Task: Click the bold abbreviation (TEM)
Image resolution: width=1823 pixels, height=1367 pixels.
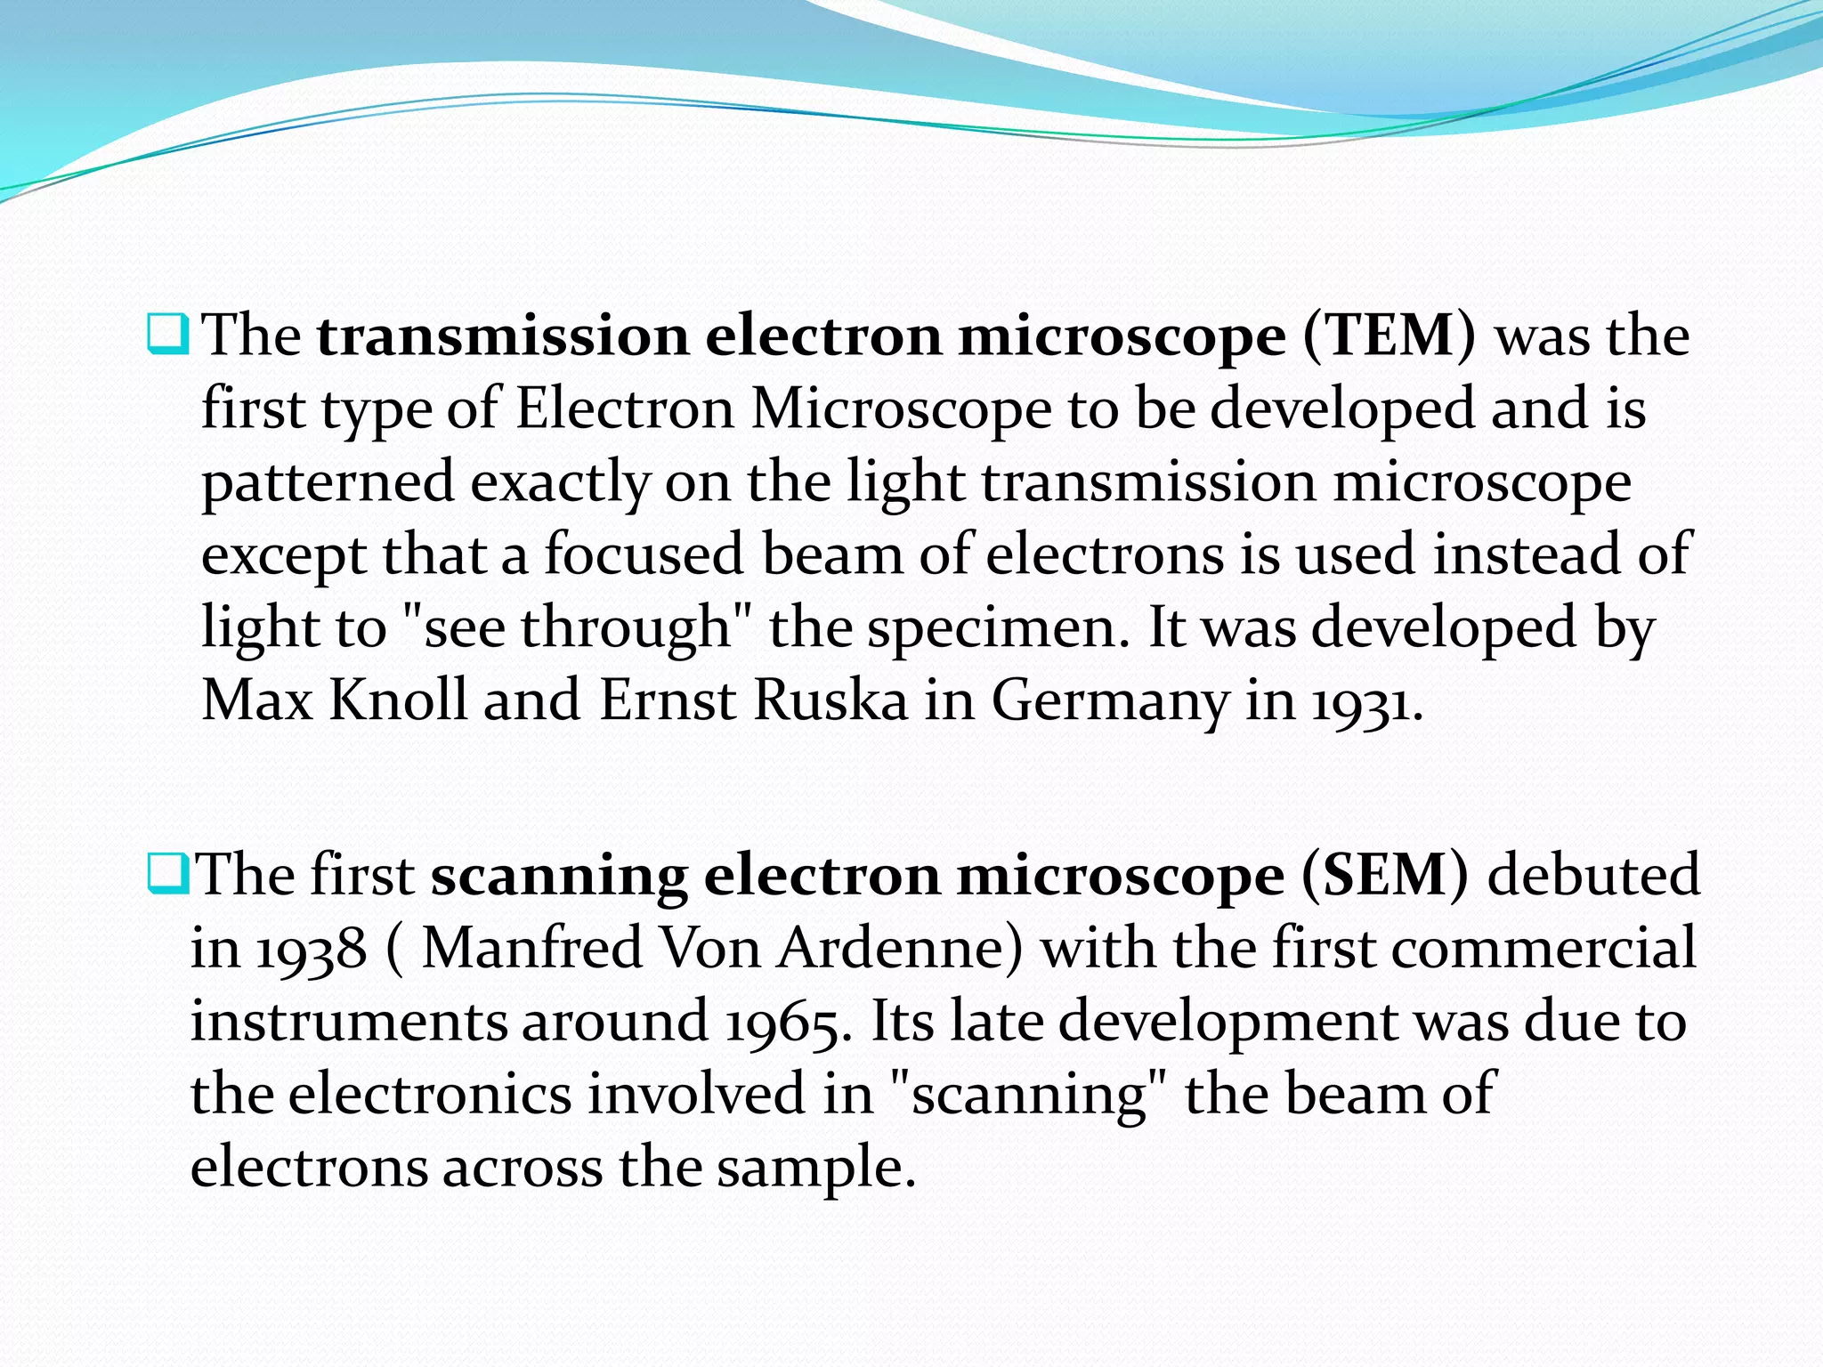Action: [x=1389, y=336]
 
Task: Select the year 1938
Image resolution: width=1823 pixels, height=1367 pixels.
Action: [x=312, y=950]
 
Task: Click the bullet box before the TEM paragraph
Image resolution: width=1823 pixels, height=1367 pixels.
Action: [x=167, y=335]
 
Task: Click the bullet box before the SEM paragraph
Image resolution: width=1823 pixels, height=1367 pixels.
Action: [x=167, y=874]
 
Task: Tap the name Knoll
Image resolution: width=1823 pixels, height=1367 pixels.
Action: [x=398, y=700]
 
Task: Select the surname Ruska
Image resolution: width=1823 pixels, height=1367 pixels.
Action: [x=830, y=700]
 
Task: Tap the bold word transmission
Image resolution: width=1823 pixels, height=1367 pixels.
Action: [x=503, y=336]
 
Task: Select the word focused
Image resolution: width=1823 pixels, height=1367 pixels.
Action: [x=643, y=555]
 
